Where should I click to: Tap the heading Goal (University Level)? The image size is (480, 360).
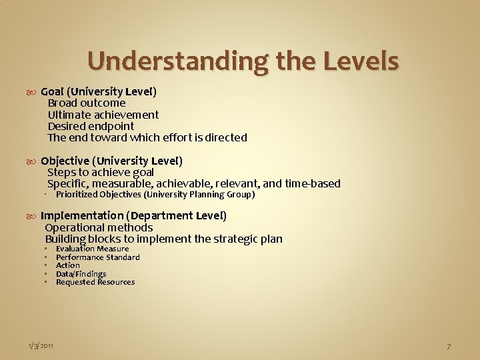click(x=99, y=91)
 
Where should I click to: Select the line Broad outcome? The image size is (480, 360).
click(x=87, y=103)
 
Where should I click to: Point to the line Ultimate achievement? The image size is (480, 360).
click(x=103, y=115)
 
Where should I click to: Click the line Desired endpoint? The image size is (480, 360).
click(x=91, y=126)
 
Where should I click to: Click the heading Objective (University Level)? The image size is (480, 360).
click(x=111, y=161)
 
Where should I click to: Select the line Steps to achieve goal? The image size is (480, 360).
click(x=101, y=172)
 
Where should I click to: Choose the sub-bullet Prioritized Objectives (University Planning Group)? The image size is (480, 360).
click(x=155, y=195)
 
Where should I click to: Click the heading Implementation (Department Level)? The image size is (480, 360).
click(x=133, y=215)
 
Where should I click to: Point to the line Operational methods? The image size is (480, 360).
click(x=99, y=227)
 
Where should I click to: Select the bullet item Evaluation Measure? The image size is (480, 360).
click(x=93, y=249)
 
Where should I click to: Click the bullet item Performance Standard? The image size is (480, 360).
click(x=98, y=257)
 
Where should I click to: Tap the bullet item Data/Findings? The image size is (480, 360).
click(x=81, y=274)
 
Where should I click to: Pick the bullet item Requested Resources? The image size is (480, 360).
click(x=95, y=282)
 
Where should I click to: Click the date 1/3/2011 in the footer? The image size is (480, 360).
click(x=41, y=345)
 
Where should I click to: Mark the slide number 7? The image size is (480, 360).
click(x=449, y=346)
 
